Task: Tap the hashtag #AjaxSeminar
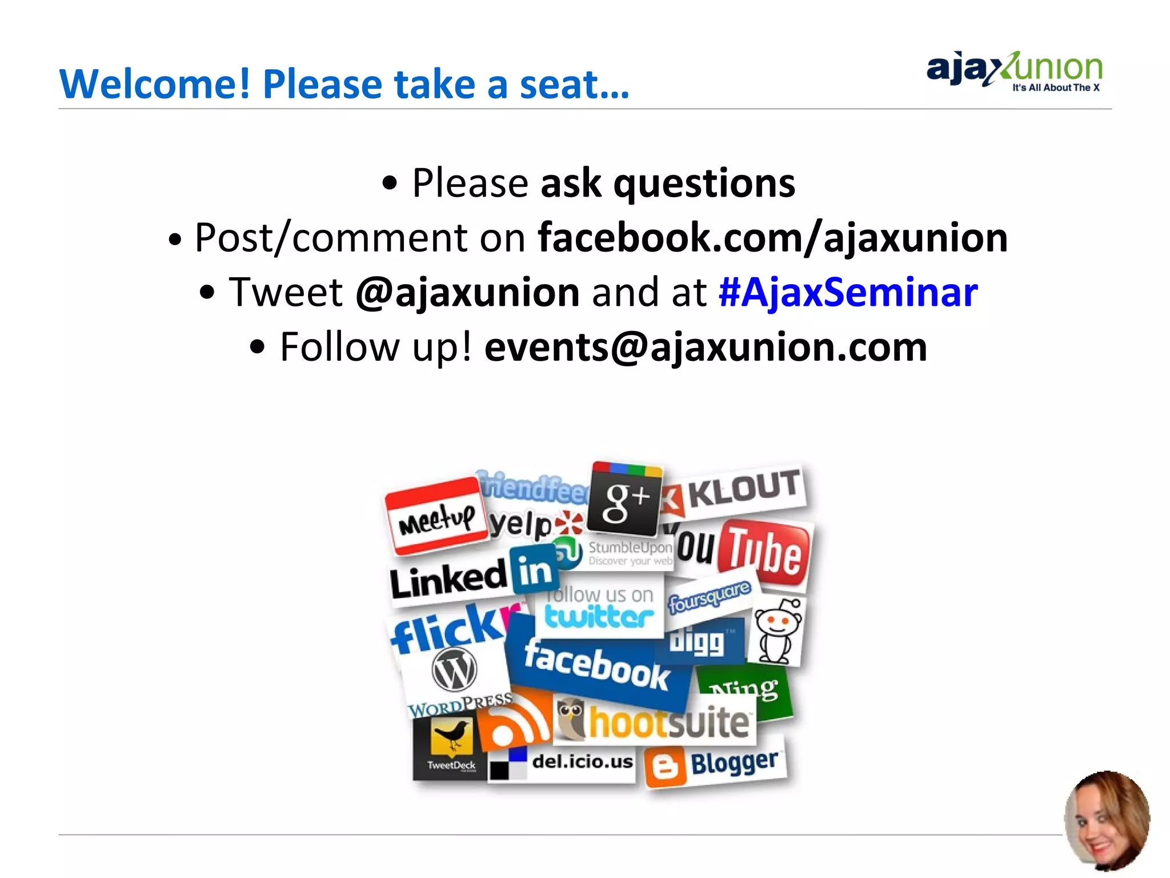tap(848, 292)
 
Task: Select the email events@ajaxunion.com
tap(706, 347)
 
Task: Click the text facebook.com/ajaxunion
tap(772, 237)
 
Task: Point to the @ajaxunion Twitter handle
tap(467, 292)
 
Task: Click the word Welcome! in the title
tap(154, 84)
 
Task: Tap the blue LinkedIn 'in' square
tap(534, 570)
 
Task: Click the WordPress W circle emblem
tap(454, 670)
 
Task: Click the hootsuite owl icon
tap(571, 719)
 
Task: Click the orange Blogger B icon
tap(665, 768)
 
